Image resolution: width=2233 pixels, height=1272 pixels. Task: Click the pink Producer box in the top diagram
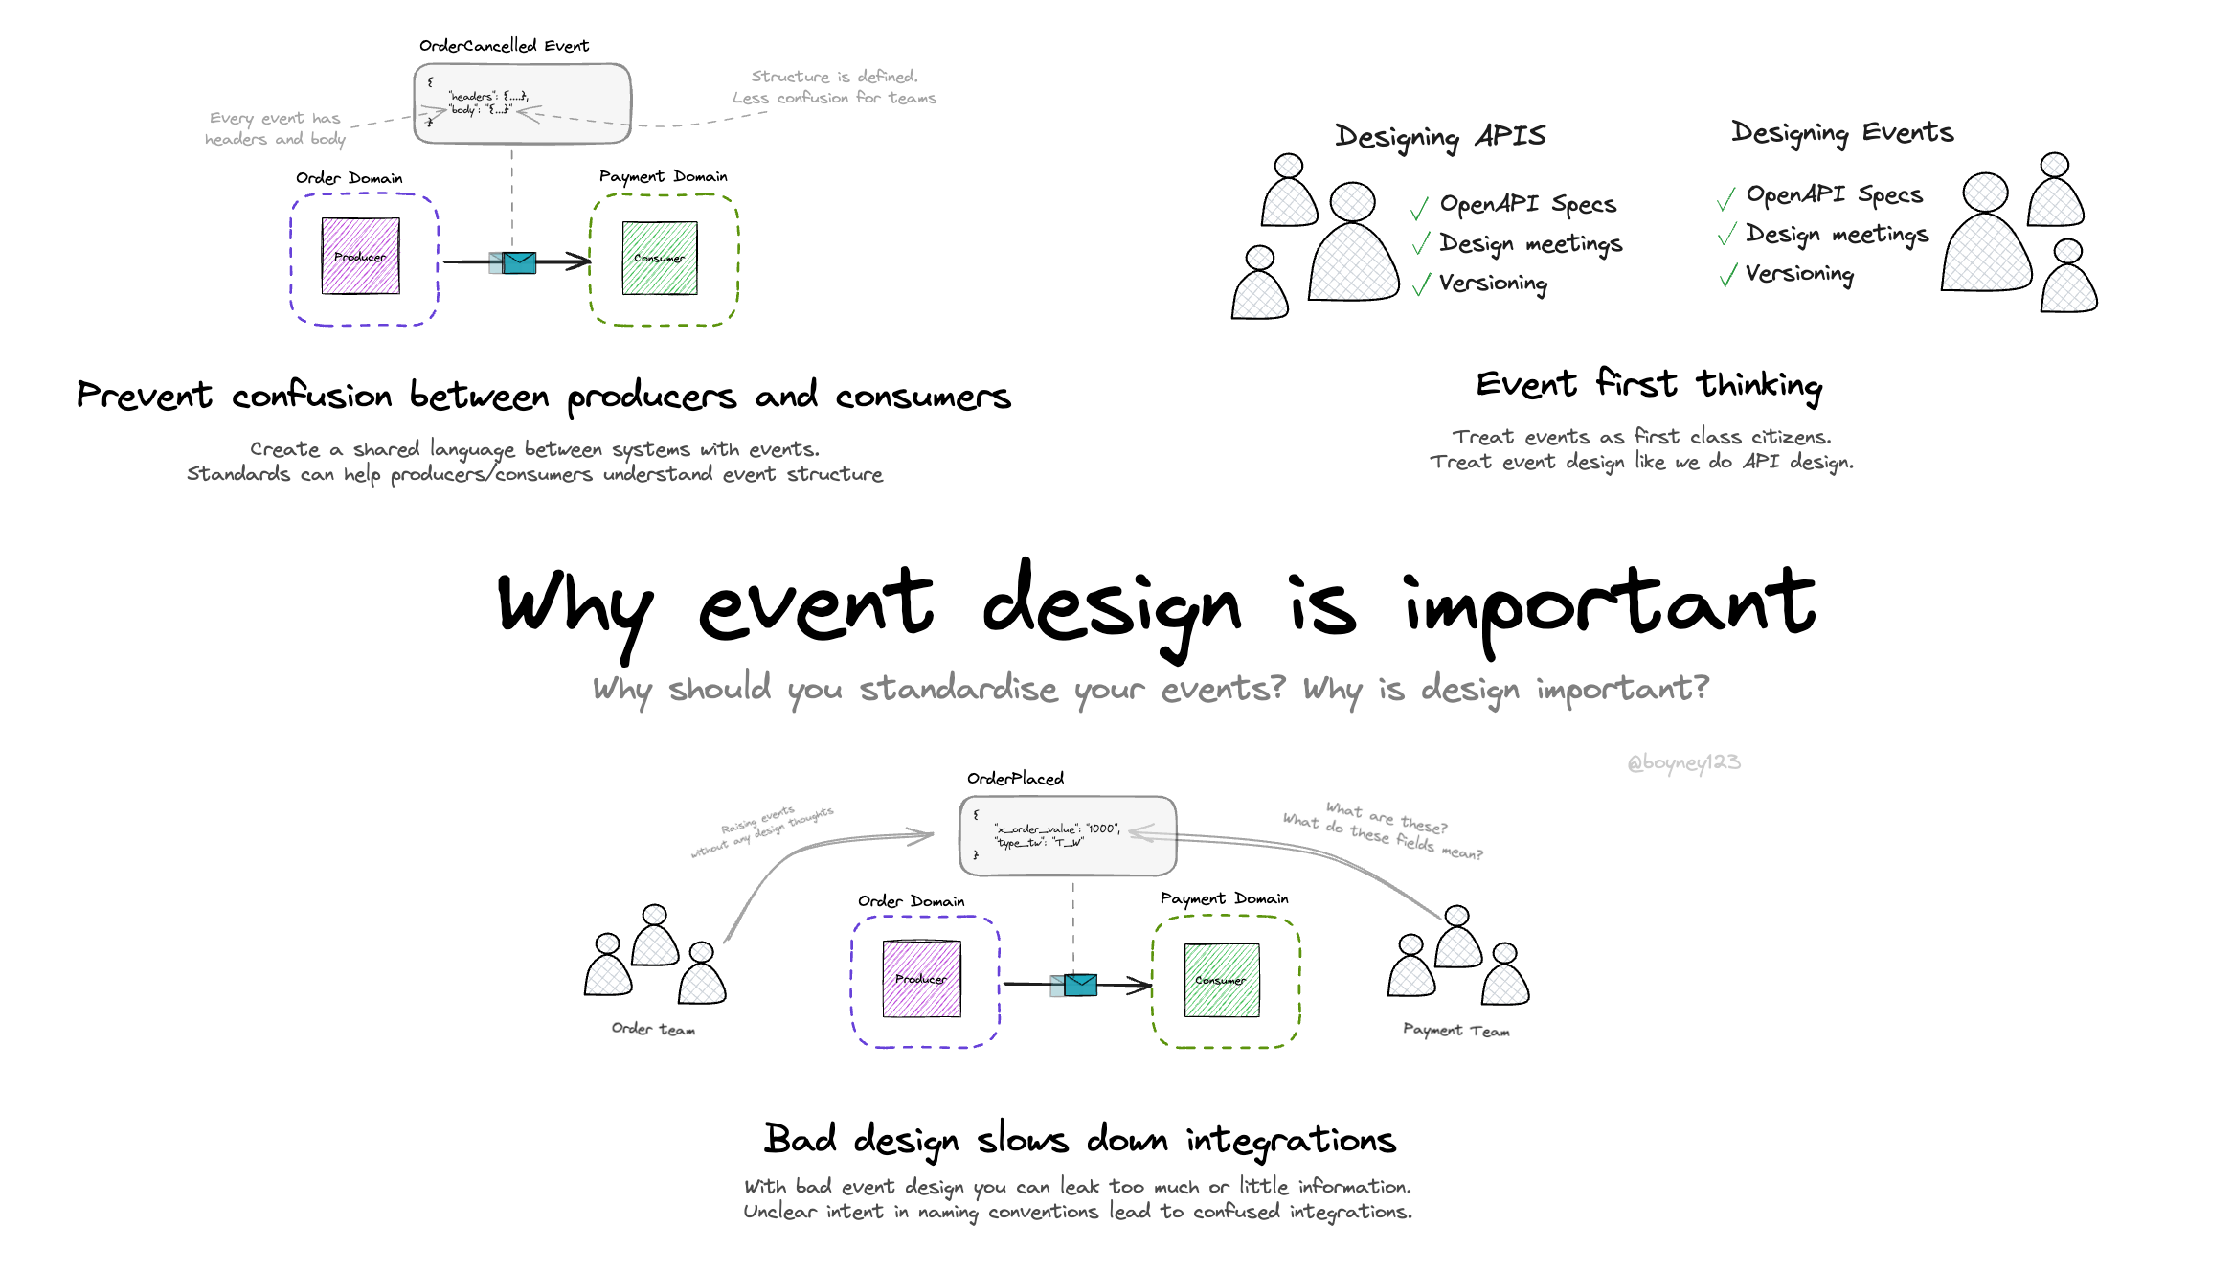coord(361,256)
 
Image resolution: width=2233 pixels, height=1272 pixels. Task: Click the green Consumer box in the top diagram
coord(660,258)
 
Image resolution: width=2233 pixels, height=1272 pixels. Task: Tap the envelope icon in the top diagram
coord(518,262)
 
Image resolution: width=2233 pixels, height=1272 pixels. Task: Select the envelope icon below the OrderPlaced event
coord(1079,985)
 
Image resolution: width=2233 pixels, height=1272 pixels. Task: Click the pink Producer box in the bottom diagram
coord(921,979)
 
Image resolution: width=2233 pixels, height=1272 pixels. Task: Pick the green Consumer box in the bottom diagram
coord(1221,980)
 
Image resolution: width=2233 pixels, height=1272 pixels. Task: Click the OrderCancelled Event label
coord(504,46)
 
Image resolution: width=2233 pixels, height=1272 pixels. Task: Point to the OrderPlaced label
coord(1015,779)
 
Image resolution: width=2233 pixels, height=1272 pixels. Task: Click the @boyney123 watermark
coord(1683,762)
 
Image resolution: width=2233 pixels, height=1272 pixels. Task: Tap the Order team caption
coord(653,1029)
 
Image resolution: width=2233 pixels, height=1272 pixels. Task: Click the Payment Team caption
coord(1455,1030)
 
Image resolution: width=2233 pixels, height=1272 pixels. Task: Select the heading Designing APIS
coord(1440,137)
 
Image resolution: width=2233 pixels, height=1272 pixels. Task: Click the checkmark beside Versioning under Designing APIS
coord(1421,284)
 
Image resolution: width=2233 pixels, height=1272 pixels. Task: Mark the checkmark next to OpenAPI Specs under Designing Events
coord(1726,199)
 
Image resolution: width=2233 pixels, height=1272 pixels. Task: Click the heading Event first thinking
coord(1648,385)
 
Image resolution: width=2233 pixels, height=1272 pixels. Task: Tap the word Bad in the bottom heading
coord(800,1139)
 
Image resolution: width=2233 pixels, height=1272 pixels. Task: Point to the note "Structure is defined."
coord(834,77)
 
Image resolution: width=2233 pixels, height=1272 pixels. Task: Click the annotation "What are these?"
coord(1387,817)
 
